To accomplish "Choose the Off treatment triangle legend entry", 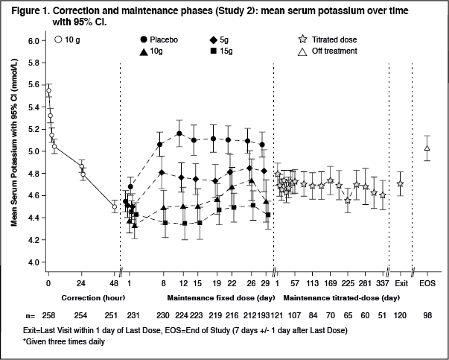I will coord(328,51).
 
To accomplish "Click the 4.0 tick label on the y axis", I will coord(32,262).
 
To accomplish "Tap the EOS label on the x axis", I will coord(427,283).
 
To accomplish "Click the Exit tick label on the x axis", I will coord(401,283).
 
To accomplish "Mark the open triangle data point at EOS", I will coord(427,148).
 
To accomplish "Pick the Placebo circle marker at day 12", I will coord(179,134).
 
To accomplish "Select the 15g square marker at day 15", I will coord(197,223).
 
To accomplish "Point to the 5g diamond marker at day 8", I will coord(162,173).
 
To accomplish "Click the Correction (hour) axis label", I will coord(81,297).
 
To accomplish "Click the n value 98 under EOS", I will coord(427,316).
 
